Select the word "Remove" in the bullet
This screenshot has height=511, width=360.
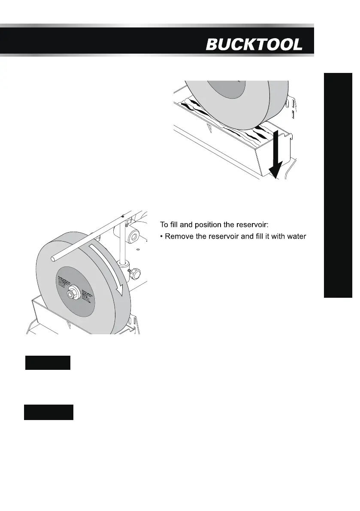[180, 236]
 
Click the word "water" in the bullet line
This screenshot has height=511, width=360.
[296, 236]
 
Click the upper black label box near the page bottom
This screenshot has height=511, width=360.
[47, 363]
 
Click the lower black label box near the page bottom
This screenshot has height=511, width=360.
[48, 412]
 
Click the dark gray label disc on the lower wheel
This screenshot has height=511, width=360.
[75, 292]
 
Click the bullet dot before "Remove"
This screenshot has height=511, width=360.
[162, 237]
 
